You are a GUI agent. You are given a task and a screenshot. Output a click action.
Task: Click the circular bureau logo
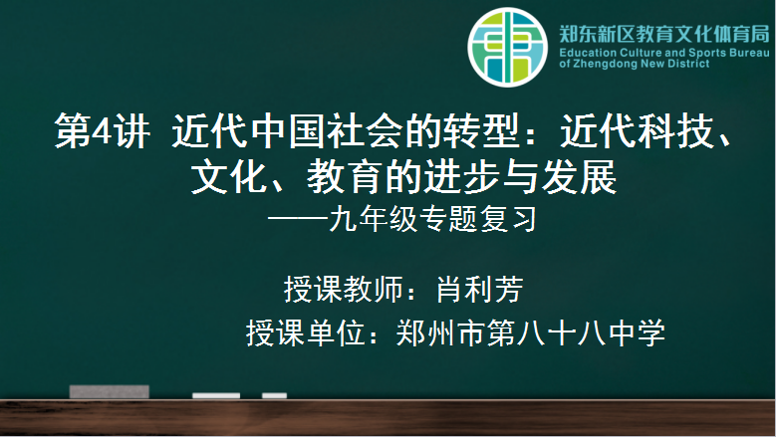click(507, 47)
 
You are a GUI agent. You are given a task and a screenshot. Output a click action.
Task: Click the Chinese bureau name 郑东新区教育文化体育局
click(664, 34)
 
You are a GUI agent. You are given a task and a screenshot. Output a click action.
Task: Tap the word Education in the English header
click(588, 53)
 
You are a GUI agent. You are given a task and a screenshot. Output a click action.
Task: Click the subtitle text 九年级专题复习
click(433, 219)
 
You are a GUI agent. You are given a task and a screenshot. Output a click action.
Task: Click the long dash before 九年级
click(298, 217)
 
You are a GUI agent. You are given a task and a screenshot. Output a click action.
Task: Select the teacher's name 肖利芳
click(479, 290)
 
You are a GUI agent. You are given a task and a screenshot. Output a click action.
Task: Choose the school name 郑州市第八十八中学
click(531, 332)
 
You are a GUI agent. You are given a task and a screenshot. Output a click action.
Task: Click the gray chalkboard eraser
click(109, 391)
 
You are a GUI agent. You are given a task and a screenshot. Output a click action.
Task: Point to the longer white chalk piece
click(216, 395)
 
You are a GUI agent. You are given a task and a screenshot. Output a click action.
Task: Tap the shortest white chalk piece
click(274, 395)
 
